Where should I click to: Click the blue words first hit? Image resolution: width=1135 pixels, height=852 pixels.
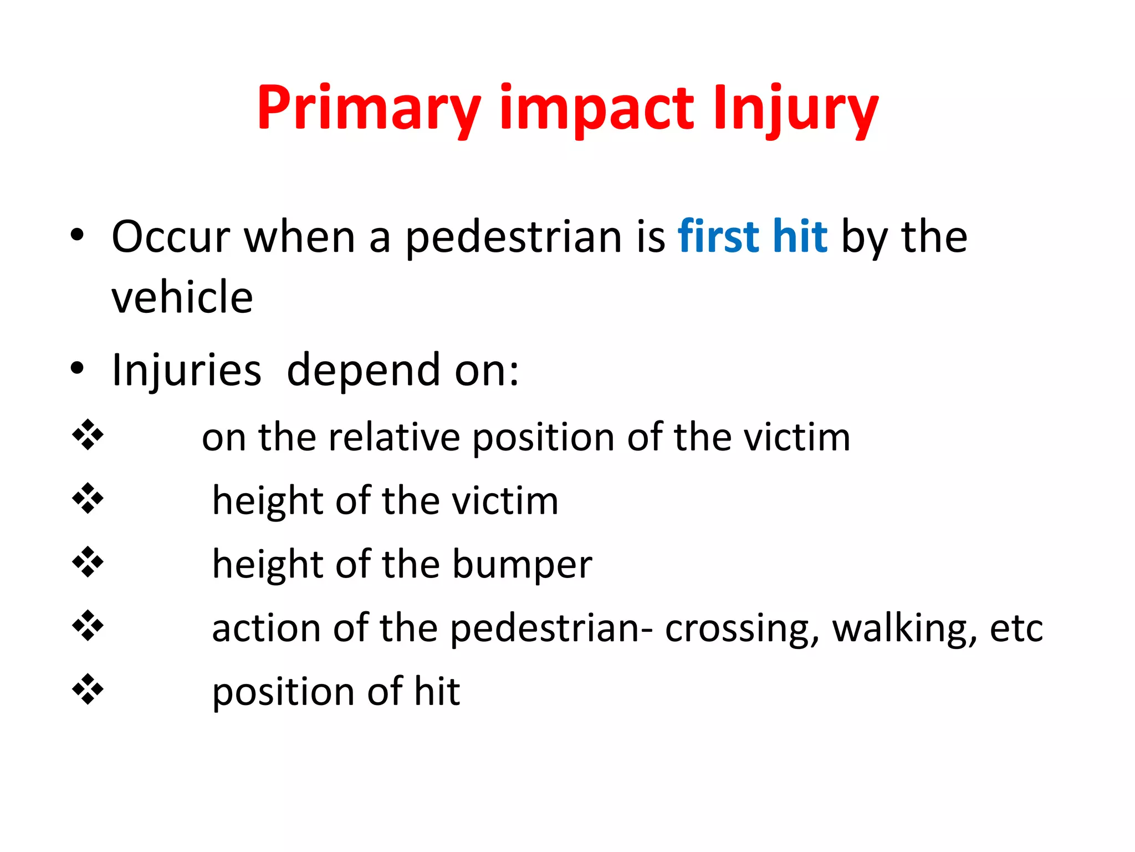pyautogui.click(x=753, y=237)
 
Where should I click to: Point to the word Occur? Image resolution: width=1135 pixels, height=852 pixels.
pyautogui.click(x=171, y=237)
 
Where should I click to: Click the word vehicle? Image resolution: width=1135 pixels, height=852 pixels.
pyautogui.click(x=182, y=297)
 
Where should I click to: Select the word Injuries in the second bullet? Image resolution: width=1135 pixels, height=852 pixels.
pyautogui.click(x=186, y=370)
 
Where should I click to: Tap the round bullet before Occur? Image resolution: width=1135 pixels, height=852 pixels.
pyautogui.click(x=77, y=235)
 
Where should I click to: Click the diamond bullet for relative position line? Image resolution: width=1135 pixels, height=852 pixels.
pyautogui.click(x=88, y=435)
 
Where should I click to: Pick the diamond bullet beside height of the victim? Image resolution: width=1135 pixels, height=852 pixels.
pyautogui.click(x=88, y=498)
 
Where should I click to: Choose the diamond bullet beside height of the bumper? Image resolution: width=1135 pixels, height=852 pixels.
pyautogui.click(x=88, y=562)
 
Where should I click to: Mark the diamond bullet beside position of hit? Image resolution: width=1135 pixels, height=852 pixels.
pyautogui.click(x=88, y=689)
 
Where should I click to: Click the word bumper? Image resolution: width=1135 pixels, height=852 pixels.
pyautogui.click(x=522, y=565)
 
